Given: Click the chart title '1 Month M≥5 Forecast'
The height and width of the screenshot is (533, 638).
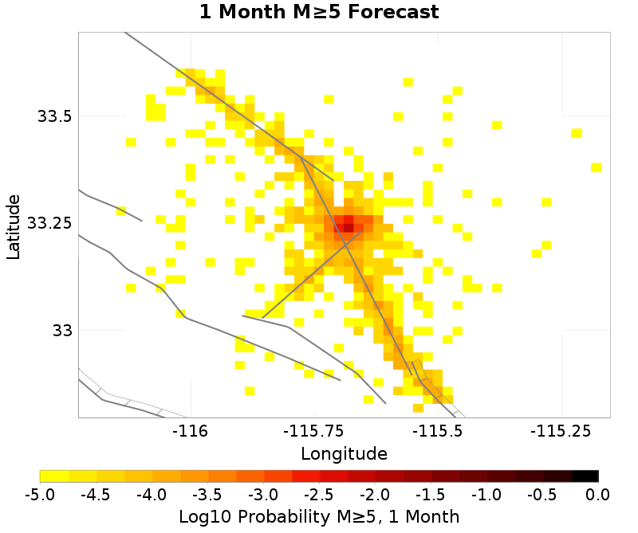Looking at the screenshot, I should coord(318,13).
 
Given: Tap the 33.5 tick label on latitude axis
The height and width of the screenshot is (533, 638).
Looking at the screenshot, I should coord(54,116).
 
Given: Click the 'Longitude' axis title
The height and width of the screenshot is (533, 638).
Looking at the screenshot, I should coord(344,454).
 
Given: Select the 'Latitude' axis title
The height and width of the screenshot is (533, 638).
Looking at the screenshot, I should coord(14,224).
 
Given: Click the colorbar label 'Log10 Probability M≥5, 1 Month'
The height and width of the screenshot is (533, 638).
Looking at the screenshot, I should coord(318,516).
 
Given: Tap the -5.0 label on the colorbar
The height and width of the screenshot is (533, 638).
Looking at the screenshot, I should coord(40,494).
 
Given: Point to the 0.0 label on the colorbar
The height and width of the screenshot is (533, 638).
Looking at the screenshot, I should coord(598,494).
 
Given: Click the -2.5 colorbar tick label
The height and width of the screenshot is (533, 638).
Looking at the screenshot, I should coord(319,494).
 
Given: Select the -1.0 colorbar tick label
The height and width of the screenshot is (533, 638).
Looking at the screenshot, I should coord(486,494).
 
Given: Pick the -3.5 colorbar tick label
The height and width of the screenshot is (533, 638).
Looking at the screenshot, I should coord(207,494).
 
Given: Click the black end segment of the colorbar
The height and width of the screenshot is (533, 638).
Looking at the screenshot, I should coord(585,476).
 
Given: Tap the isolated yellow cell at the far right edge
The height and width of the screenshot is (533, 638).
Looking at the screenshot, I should coord(596,167).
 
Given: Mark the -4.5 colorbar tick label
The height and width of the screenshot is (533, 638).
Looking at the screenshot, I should coord(96,494).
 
